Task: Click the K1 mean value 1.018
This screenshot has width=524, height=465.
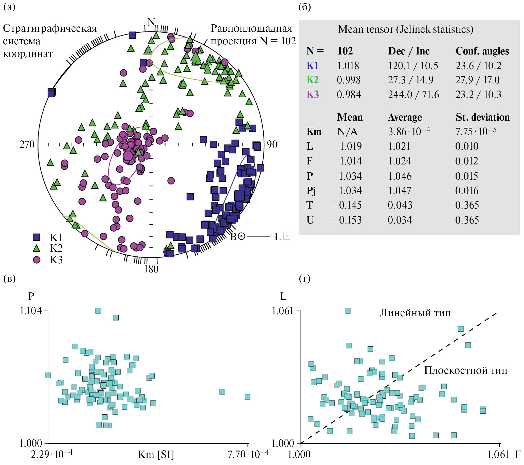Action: (348, 66)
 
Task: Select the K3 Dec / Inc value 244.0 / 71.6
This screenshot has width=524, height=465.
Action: (413, 95)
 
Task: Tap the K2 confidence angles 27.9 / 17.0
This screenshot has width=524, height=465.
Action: (477, 80)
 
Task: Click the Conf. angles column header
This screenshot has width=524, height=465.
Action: (482, 51)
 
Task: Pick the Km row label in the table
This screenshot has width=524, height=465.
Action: (314, 132)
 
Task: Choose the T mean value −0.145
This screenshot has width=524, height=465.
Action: (347, 205)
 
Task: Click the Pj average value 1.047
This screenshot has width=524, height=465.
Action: (400, 191)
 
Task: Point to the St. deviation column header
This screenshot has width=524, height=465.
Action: (482, 117)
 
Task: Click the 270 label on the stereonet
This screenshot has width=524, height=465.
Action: (27, 145)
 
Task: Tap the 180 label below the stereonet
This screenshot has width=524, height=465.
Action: (151, 269)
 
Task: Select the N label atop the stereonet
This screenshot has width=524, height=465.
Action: (151, 22)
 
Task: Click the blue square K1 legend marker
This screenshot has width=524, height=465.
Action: (37, 237)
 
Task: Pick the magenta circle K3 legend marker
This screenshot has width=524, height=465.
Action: (37, 260)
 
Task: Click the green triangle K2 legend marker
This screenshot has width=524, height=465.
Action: (37, 249)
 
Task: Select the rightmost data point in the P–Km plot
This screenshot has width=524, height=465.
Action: (247, 397)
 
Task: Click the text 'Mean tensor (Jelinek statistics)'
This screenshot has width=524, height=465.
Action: (406, 29)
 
